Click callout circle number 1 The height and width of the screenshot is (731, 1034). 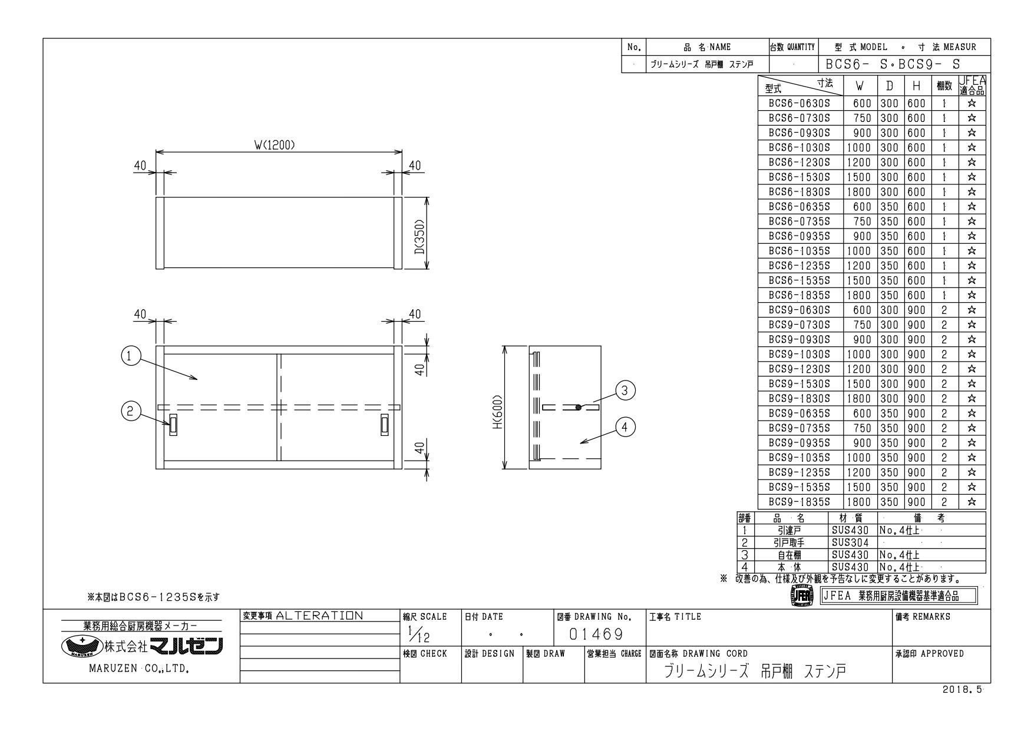130,356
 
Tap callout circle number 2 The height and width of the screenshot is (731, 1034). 130,412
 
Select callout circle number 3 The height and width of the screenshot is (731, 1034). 625,390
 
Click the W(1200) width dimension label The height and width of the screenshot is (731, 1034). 275,145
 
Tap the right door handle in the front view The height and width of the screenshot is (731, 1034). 385,425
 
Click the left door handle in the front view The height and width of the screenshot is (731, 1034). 173,425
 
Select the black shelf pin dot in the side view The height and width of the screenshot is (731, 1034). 579,407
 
